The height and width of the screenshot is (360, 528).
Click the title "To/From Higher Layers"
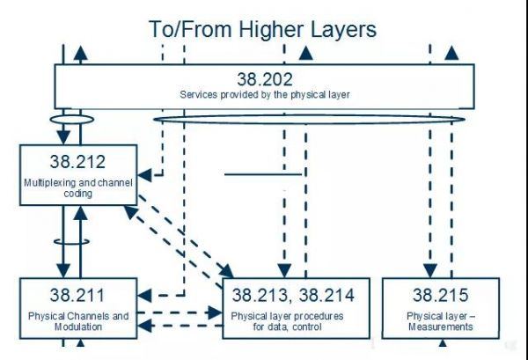tap(262, 30)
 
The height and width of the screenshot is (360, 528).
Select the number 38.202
tap(265, 79)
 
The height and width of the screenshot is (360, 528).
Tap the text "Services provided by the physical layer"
tap(265, 95)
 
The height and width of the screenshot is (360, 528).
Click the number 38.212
tap(77, 162)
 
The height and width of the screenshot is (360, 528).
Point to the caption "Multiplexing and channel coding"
tap(78, 187)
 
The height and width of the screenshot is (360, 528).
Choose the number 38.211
tap(77, 295)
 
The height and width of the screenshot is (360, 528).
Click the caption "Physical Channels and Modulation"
tap(78, 321)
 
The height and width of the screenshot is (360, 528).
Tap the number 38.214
tap(326, 295)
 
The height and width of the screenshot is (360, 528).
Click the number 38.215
tap(441, 295)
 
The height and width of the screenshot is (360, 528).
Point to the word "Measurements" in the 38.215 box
tap(441, 327)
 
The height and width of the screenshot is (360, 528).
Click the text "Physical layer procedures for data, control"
tap(287, 321)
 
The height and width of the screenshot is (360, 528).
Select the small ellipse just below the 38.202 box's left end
tap(72, 119)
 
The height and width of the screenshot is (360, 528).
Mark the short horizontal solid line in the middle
tap(263, 174)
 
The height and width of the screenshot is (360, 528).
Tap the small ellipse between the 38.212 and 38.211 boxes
tap(72, 241)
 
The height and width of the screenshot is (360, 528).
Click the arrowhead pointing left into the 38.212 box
tap(145, 175)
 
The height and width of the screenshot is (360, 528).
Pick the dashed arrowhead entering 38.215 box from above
tap(430, 271)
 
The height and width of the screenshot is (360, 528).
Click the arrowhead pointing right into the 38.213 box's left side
tap(215, 312)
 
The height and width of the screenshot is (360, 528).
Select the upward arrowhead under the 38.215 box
tap(443, 342)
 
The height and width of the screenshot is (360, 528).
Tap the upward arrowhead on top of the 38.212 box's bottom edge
tap(80, 213)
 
